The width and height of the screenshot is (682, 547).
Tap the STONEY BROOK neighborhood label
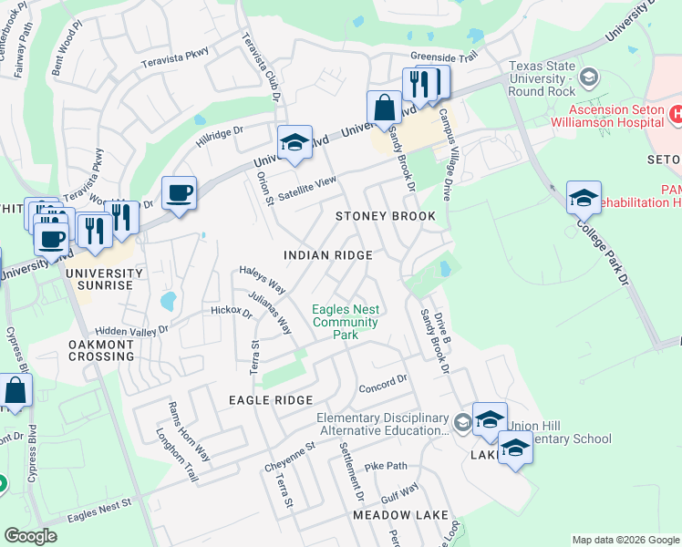385,216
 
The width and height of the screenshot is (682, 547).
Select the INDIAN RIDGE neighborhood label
327,255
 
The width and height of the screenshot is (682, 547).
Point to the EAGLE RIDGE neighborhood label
271,400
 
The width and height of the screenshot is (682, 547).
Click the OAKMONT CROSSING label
101,350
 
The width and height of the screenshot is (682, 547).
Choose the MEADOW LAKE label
400,515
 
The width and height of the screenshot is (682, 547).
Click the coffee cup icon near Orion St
179,193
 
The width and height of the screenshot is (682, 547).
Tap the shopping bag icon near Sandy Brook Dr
385,107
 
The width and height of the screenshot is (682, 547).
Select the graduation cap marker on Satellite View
294,142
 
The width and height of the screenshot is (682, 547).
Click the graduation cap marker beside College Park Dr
584,196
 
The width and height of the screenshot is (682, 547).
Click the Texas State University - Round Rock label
547,72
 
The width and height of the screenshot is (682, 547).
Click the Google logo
30,536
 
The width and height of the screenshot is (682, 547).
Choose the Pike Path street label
386,465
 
